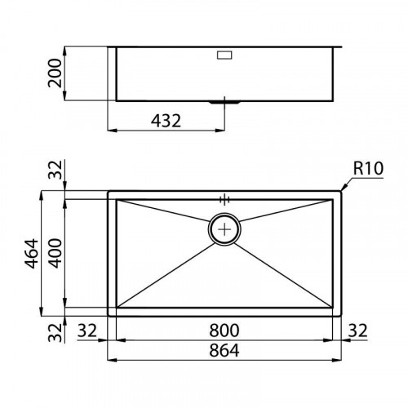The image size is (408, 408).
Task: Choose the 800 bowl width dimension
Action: (x=224, y=330)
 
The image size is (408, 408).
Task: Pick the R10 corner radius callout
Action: (x=369, y=169)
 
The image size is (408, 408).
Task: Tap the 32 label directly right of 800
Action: (x=357, y=330)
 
